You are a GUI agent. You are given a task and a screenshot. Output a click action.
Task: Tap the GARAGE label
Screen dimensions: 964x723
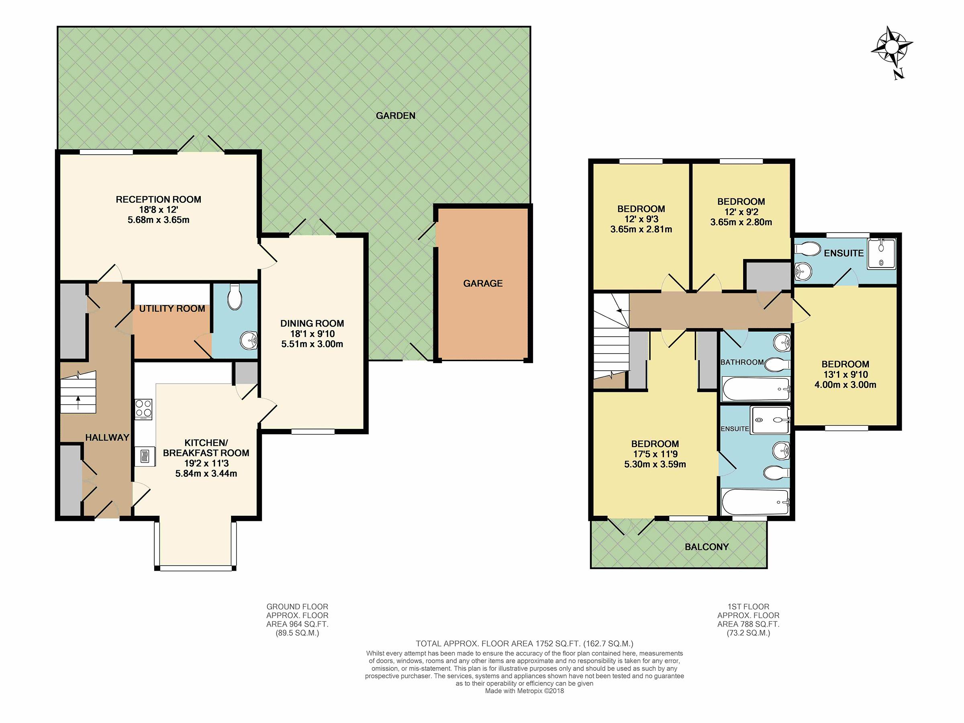pyautogui.click(x=482, y=283)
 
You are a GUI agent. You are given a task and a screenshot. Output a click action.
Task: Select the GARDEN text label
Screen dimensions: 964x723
pyautogui.click(x=395, y=116)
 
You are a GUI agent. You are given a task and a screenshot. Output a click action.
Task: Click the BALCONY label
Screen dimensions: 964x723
pyautogui.click(x=707, y=547)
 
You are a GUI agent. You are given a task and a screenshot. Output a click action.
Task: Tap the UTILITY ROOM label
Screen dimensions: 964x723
pyautogui.click(x=172, y=308)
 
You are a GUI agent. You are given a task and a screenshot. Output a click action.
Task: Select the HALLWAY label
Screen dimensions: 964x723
pyautogui.click(x=107, y=437)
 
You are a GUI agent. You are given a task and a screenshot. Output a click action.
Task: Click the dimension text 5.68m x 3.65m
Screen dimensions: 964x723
pyautogui.click(x=158, y=220)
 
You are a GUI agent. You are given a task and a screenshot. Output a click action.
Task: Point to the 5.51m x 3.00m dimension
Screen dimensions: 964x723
pyautogui.click(x=312, y=344)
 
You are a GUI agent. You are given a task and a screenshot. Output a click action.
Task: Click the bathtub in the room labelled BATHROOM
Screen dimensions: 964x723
pyautogui.click(x=756, y=389)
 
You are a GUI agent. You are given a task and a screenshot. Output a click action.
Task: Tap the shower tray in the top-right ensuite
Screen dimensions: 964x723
pyautogui.click(x=881, y=253)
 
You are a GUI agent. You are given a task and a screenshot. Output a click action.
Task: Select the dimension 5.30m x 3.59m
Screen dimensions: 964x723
pyautogui.click(x=655, y=465)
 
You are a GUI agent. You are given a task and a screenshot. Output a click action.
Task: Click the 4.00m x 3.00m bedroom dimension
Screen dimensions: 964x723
pyautogui.click(x=845, y=385)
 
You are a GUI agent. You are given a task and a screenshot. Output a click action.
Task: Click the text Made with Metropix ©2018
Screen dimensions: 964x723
pyautogui.click(x=524, y=691)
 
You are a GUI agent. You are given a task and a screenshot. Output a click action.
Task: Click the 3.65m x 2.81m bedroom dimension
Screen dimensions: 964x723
pyautogui.click(x=641, y=229)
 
